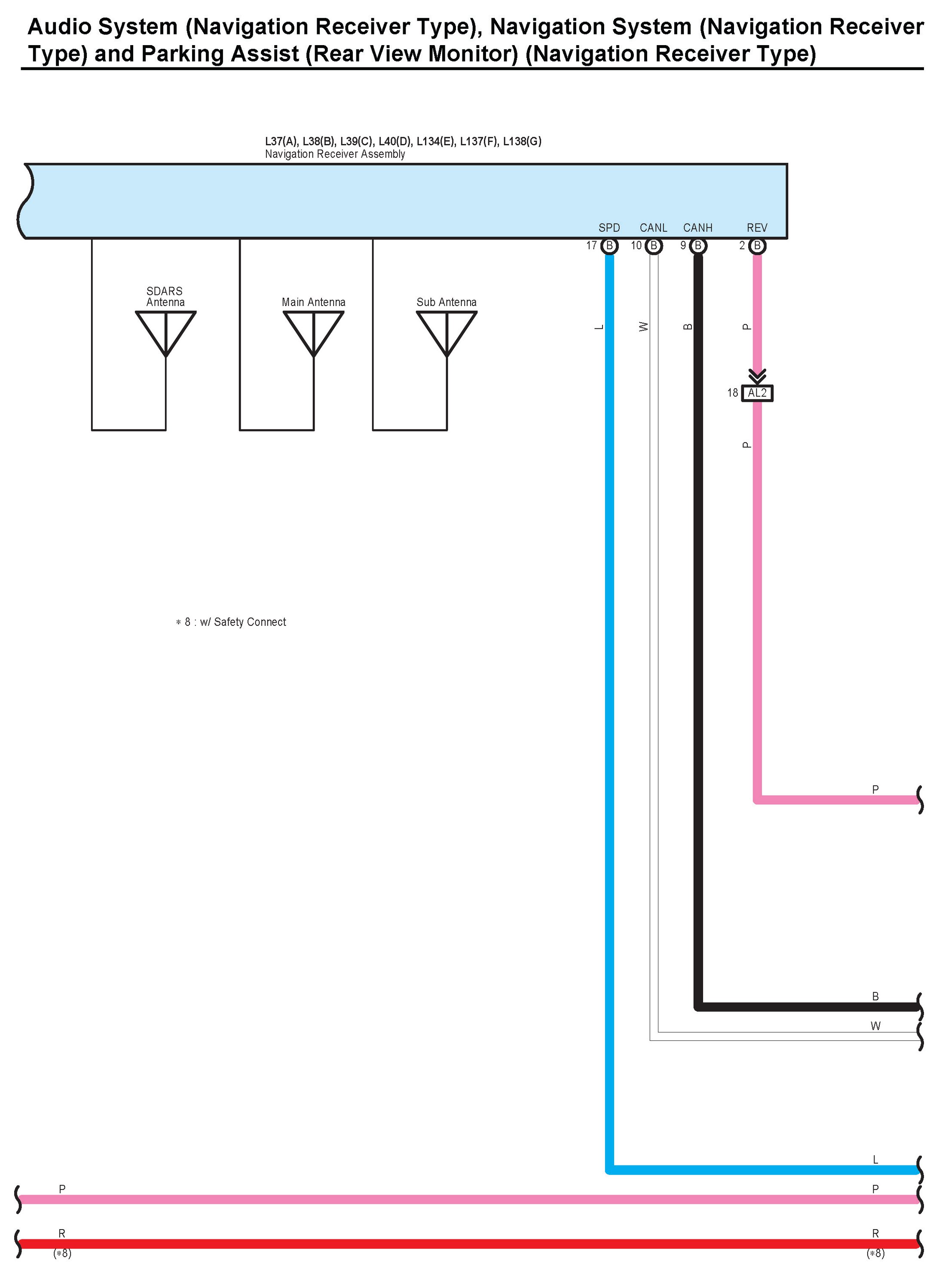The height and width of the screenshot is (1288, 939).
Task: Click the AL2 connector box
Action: coord(757,393)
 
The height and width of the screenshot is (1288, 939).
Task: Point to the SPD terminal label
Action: coord(609,228)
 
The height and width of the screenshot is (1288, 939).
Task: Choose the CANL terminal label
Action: coord(653,228)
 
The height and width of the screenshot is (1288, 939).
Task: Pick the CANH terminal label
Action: coord(697,228)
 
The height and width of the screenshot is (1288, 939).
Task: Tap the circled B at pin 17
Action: coord(609,245)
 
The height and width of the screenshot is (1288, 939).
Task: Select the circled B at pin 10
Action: coord(654,245)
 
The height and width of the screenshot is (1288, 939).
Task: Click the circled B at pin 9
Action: coord(698,245)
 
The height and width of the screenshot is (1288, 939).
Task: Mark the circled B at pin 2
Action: coord(757,245)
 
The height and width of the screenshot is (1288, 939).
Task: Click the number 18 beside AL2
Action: coord(732,393)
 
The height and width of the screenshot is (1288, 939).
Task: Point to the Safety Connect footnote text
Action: coord(231,622)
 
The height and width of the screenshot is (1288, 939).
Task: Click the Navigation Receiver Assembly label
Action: coord(335,154)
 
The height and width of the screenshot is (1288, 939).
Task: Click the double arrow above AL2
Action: coord(757,376)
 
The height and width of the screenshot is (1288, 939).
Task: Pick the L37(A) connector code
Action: coord(281,141)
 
